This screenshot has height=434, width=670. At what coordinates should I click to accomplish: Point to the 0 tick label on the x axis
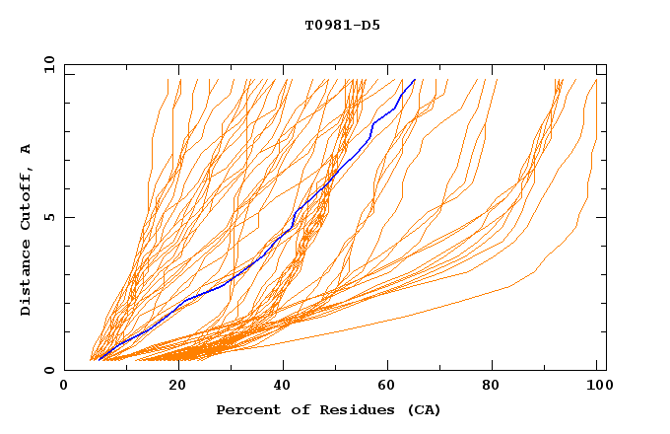(x=64, y=386)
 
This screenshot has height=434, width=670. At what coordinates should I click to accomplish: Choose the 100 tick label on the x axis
(x=596, y=386)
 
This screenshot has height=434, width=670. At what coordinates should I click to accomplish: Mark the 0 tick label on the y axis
(x=48, y=370)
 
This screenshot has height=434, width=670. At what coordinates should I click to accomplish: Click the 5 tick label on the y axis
(x=48, y=217)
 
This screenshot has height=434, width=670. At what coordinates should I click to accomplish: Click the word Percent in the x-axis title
(x=245, y=410)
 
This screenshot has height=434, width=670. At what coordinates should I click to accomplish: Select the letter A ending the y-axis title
(x=27, y=149)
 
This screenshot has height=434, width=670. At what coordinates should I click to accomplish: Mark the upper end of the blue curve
(x=415, y=80)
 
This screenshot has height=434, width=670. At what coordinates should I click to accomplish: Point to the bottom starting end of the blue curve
(x=99, y=360)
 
